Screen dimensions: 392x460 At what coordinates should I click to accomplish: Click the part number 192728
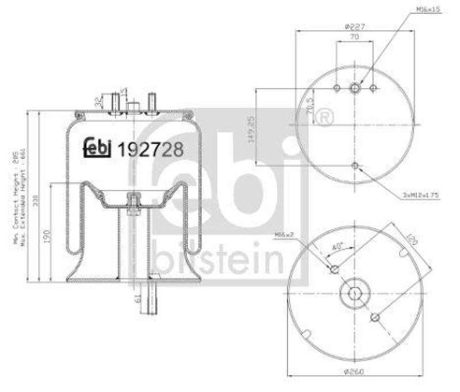pyautogui.click(x=150, y=149)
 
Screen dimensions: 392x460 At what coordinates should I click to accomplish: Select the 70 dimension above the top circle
pyautogui.click(x=354, y=37)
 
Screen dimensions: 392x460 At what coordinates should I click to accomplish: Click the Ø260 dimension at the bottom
pyautogui.click(x=355, y=370)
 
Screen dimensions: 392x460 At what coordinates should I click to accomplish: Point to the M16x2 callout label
pyautogui.click(x=285, y=234)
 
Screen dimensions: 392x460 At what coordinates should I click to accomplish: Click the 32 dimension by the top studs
pyautogui.click(x=97, y=104)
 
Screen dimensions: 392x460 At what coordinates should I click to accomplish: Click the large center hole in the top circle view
pyautogui.click(x=355, y=88)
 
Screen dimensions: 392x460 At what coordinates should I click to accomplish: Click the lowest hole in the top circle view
pyautogui.click(x=355, y=166)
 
